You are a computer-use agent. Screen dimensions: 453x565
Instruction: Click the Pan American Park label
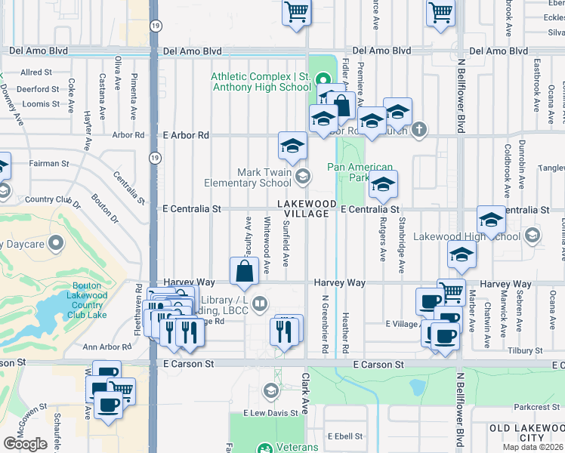point(360,172)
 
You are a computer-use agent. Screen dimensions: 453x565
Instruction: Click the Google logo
point(25,443)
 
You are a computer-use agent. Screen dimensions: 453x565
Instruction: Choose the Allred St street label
point(36,72)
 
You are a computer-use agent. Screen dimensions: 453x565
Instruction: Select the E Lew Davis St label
point(270,414)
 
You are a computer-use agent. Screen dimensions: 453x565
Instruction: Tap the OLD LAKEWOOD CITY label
point(526,433)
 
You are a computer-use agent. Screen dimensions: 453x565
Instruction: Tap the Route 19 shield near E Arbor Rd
point(154,157)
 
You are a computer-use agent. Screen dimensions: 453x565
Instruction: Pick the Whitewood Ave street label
point(267,235)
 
